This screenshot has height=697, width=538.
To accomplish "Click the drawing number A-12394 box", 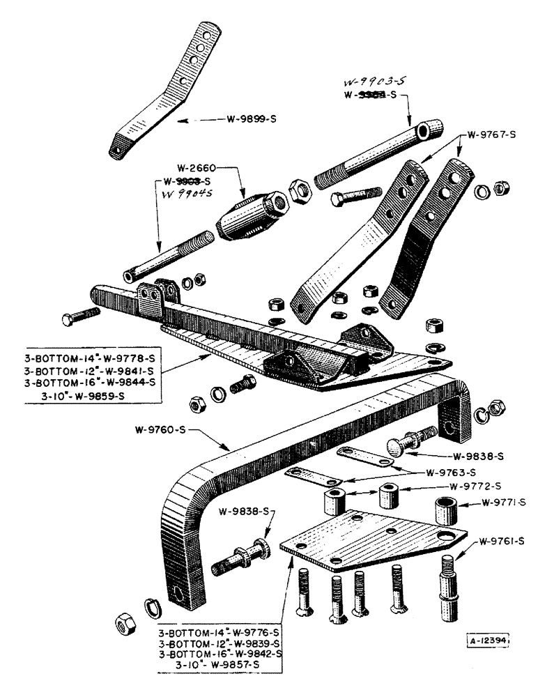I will click(x=486, y=638).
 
